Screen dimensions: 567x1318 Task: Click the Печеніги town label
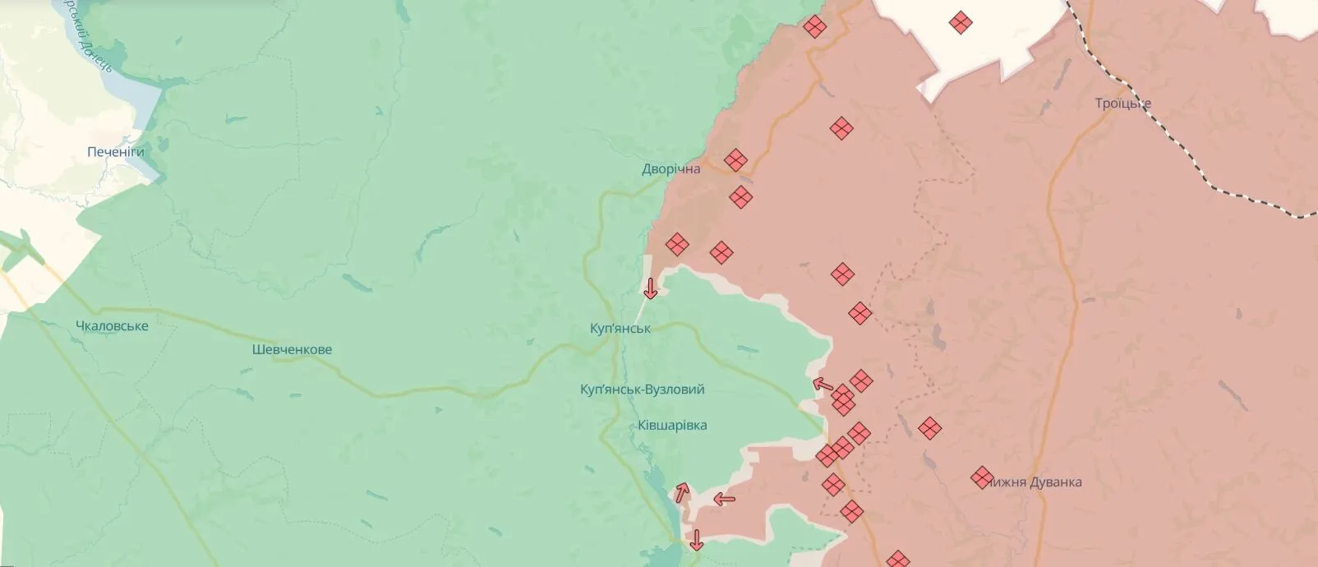[115, 152]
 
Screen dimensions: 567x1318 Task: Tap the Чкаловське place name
[112, 326]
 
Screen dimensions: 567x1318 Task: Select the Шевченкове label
[292, 350]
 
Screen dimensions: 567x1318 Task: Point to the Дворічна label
[671, 169]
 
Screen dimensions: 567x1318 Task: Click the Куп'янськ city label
[620, 329]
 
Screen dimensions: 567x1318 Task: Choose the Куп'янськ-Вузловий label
[642, 390]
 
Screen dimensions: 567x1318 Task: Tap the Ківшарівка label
[671, 426]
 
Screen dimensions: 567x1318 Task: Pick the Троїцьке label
[1122, 104]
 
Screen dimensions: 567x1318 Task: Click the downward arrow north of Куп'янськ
[650, 289]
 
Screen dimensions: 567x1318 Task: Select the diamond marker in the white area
[961, 22]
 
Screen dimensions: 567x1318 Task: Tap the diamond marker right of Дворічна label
[735, 159]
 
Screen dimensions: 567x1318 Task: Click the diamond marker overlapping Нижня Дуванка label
[981, 477]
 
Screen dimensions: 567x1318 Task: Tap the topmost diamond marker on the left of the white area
[814, 27]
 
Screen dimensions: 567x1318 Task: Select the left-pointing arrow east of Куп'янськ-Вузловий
[823, 384]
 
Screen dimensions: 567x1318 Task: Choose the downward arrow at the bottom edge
[697, 540]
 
